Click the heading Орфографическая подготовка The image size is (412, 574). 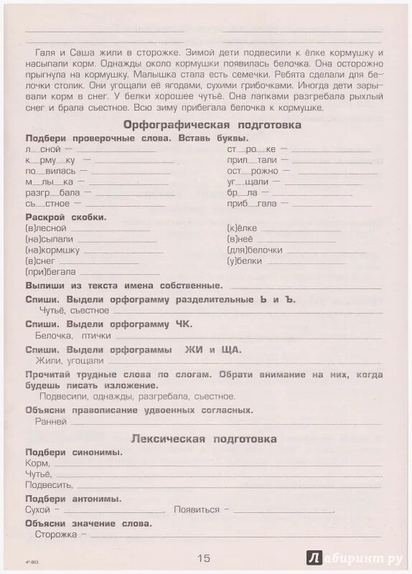[202, 125]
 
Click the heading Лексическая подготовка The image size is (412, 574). [204, 438]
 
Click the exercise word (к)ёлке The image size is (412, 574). [241, 227]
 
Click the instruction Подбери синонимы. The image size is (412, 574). [73, 452]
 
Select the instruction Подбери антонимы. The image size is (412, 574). [73, 498]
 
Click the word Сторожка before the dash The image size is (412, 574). [54, 535]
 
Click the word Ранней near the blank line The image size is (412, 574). [50, 422]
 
